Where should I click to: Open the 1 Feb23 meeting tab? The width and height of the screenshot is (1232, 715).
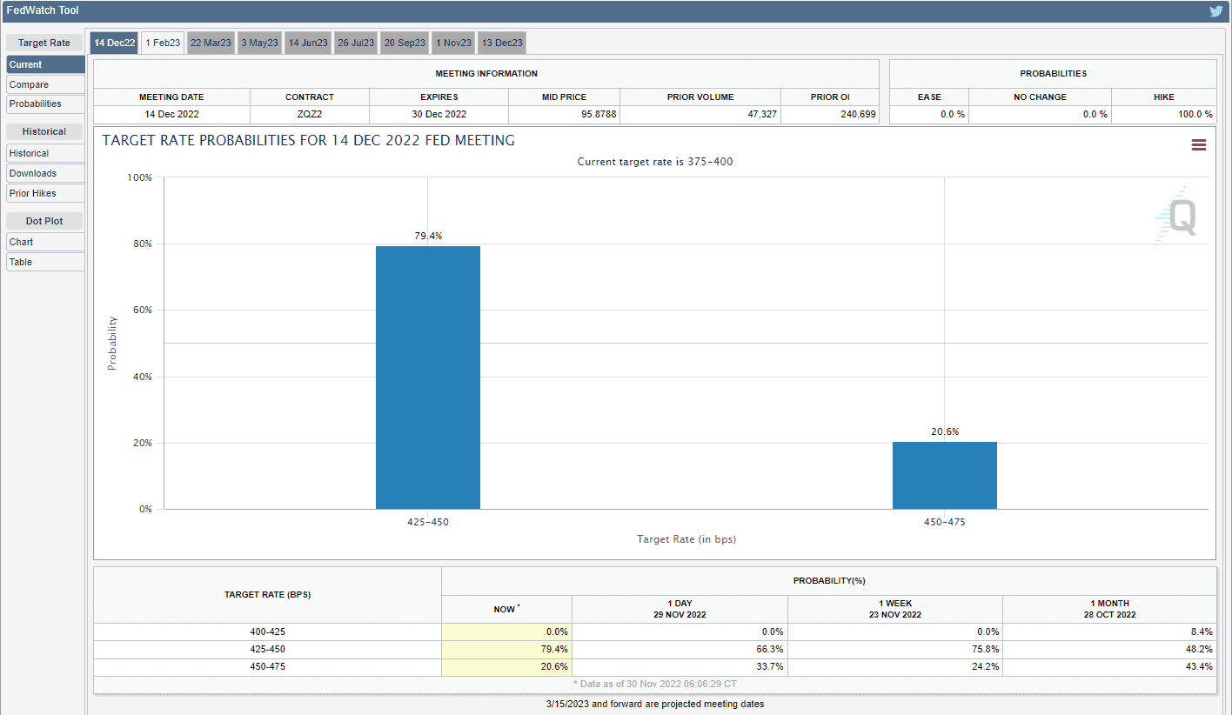tap(163, 43)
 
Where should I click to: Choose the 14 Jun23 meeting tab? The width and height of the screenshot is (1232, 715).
tap(308, 43)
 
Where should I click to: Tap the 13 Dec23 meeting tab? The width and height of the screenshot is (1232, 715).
tap(501, 43)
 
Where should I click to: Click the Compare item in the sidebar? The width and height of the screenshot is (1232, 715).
tap(45, 84)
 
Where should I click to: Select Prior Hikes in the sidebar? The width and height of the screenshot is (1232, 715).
tap(45, 193)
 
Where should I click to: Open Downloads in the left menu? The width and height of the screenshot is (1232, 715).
tap(45, 173)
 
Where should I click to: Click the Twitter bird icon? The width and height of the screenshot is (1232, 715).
tap(1215, 11)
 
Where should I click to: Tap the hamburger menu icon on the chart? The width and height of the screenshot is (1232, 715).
tap(1198, 145)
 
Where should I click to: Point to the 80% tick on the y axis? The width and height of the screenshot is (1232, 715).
tap(140, 244)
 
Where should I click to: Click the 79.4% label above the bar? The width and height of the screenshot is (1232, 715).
tap(427, 236)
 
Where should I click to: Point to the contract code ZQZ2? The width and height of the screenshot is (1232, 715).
tap(309, 115)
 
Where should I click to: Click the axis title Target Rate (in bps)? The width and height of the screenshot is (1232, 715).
tap(686, 539)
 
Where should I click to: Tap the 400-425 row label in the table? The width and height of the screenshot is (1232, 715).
tap(267, 631)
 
